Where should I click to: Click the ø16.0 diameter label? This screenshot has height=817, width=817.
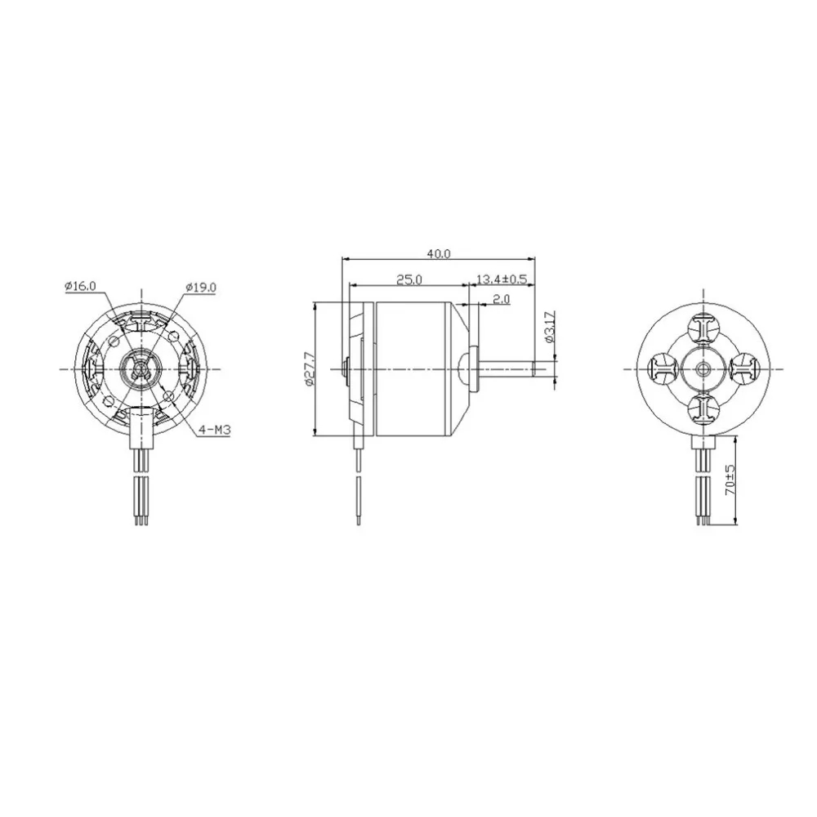[79, 286]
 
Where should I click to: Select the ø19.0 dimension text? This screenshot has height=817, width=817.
[200, 286]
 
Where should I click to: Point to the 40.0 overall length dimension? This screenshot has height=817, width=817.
[438, 253]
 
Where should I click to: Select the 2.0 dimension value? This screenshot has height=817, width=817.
[501, 300]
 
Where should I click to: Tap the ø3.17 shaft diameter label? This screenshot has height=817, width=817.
[549, 327]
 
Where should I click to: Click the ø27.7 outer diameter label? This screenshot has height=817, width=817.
[307, 368]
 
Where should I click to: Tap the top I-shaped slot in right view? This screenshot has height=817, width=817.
[703, 329]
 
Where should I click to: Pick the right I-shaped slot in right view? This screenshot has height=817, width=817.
[743, 369]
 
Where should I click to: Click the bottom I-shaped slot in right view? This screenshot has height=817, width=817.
[703, 408]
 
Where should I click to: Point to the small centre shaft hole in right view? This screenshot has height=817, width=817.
[703, 369]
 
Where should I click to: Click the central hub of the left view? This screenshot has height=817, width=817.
[141, 369]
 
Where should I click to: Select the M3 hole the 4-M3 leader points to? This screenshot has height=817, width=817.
[168, 396]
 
